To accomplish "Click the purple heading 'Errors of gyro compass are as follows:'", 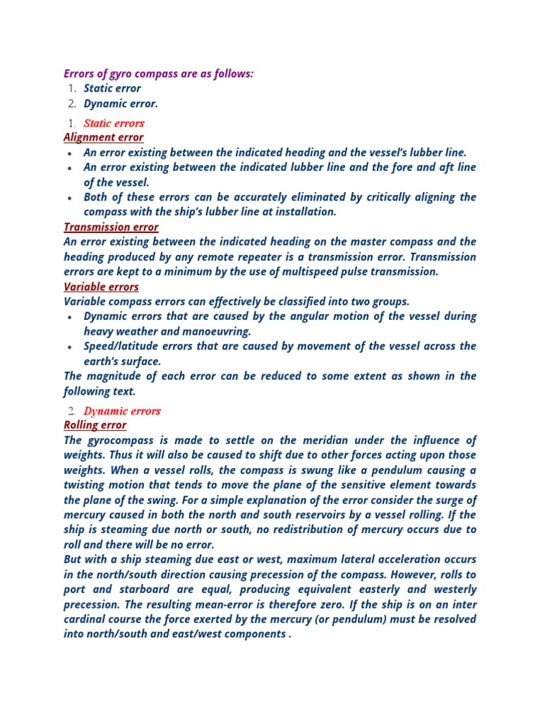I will coord(158,73).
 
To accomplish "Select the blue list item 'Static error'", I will coord(112,88).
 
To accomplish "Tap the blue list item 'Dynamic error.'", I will coord(121,104).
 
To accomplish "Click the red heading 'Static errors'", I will coord(114,124).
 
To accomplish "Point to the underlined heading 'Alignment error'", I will coord(103,137).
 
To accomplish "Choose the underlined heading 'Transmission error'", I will coord(111,227).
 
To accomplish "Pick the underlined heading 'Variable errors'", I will coord(101,287).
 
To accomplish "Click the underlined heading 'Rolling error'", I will coord(95,425).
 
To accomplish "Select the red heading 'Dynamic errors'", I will coord(122,411).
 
